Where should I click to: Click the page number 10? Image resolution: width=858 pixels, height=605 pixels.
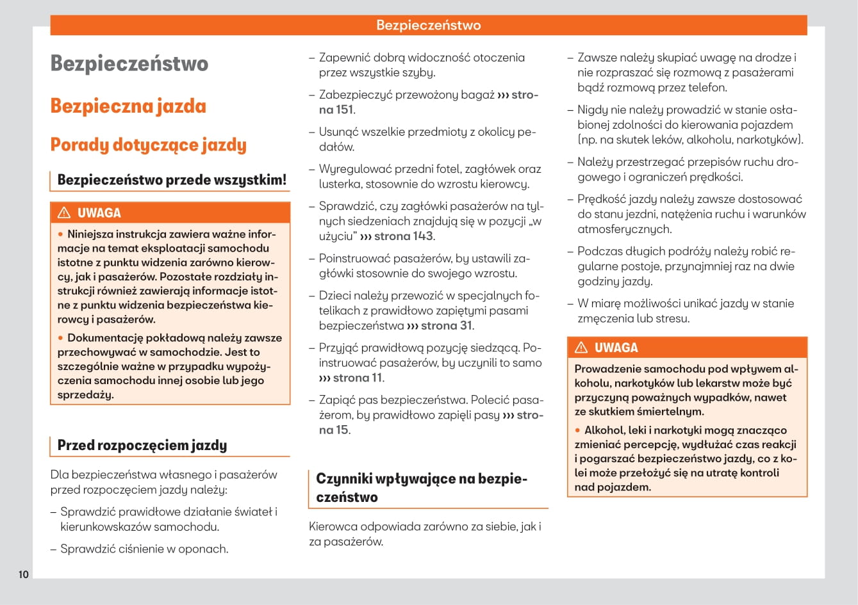click(23, 574)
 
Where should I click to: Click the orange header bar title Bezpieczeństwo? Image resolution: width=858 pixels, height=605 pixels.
click(428, 26)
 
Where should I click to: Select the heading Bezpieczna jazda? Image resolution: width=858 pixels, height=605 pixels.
click(128, 106)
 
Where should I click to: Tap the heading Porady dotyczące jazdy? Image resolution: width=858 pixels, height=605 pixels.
click(148, 145)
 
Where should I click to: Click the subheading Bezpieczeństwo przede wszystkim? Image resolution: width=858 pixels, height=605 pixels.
click(172, 180)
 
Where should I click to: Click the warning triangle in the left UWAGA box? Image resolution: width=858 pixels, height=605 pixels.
click(64, 213)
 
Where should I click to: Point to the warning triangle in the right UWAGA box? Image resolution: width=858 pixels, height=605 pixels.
click(581, 348)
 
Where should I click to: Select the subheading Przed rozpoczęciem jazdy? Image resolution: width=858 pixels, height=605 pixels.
click(142, 445)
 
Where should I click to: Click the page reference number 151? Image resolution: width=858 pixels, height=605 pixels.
click(345, 109)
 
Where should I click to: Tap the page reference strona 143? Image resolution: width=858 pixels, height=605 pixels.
click(403, 236)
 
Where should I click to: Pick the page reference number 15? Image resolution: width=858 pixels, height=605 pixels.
click(342, 430)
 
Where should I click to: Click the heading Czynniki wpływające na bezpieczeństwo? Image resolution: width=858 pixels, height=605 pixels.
click(421, 488)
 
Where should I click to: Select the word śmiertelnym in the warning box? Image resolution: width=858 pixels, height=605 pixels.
click(672, 412)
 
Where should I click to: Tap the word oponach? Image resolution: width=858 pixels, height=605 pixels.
click(206, 549)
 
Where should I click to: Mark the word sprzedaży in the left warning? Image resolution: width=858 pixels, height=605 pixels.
click(85, 394)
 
